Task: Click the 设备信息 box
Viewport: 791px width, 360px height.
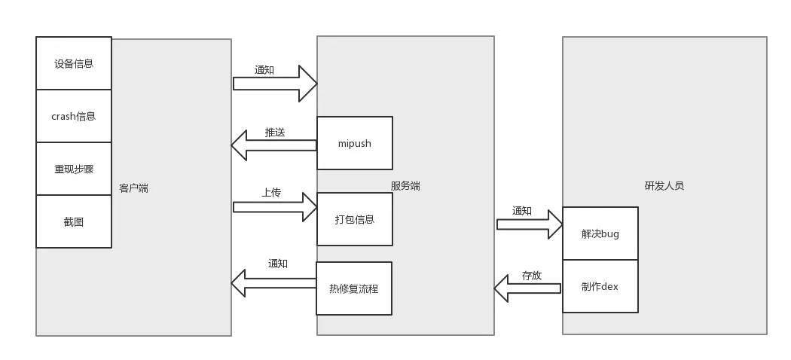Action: point(74,63)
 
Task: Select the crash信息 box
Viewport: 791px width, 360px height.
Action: point(74,116)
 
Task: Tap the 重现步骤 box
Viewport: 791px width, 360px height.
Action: point(74,169)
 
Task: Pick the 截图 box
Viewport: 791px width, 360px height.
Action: point(74,221)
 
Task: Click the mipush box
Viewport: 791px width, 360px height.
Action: point(354,143)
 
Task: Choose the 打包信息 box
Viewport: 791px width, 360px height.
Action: point(354,219)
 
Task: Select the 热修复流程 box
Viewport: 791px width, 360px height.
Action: point(354,288)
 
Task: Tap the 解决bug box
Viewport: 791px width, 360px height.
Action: point(600,233)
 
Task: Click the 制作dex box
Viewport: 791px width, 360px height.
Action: point(600,286)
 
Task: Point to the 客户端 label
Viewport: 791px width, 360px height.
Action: point(133,188)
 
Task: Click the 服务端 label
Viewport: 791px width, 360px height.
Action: point(405,185)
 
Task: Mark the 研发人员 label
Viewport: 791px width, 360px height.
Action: point(664,185)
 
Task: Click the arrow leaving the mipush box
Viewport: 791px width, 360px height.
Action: point(273,145)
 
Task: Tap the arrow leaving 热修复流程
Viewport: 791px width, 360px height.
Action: point(273,283)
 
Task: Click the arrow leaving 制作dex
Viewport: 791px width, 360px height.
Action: point(528,287)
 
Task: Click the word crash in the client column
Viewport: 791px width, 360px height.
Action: point(63,116)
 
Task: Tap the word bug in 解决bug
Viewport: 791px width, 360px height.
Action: point(610,233)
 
